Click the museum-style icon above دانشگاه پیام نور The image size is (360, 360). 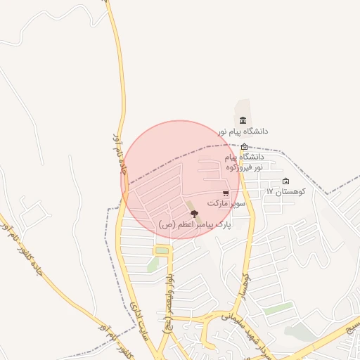point(243,120)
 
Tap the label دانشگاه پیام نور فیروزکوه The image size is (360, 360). point(245,162)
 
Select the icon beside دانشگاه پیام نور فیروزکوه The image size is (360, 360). point(244,147)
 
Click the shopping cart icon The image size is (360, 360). point(225,193)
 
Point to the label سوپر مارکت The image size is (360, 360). point(226,203)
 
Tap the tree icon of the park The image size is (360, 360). point(195,214)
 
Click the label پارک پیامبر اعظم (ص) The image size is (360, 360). point(195,224)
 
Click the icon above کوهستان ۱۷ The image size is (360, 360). point(285,181)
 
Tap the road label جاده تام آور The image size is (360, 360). point(117,153)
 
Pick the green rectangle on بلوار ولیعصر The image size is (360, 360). point(162,251)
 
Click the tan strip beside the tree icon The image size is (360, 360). point(190,206)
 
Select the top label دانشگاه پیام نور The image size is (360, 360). point(243,131)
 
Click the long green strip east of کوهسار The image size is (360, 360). point(278,308)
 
